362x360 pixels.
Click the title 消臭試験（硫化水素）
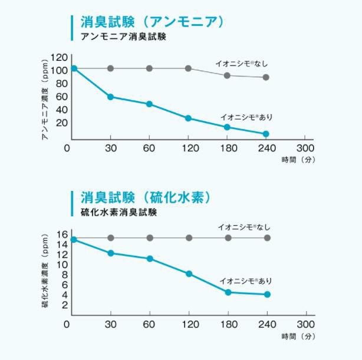(146, 197)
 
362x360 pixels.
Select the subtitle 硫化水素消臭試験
(119, 212)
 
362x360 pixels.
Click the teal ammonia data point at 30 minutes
(110, 97)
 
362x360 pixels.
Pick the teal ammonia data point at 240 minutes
(266, 134)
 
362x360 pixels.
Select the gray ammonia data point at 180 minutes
(227, 75)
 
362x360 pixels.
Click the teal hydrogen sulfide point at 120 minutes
(189, 273)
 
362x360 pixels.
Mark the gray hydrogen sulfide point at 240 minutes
(267, 238)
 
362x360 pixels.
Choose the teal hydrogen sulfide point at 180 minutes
(228, 292)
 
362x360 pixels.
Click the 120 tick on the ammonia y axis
(58, 58)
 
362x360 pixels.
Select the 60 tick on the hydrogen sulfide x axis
(149, 325)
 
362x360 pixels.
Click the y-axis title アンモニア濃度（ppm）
(44, 99)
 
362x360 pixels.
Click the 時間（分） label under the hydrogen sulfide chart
(297, 336)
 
